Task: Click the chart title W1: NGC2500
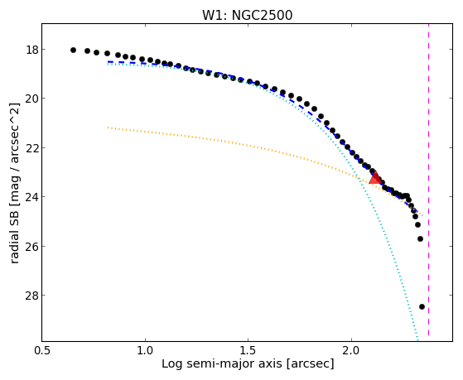click(247, 16)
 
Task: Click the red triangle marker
click(375, 178)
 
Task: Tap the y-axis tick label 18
click(32, 50)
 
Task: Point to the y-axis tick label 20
click(32, 99)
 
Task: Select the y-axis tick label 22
click(32, 148)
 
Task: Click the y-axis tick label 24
click(32, 197)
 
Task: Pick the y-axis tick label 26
click(32, 246)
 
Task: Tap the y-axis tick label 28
click(32, 296)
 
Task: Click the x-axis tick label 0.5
click(42, 350)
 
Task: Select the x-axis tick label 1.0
click(145, 350)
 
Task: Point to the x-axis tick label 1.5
click(248, 350)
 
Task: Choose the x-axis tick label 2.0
click(351, 350)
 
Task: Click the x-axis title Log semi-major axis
click(222, 363)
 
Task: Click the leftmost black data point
click(73, 51)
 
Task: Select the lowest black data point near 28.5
click(422, 307)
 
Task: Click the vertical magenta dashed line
click(428, 180)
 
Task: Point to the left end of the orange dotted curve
click(109, 127)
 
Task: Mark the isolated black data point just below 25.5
click(420, 238)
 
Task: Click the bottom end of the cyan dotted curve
click(417, 340)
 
